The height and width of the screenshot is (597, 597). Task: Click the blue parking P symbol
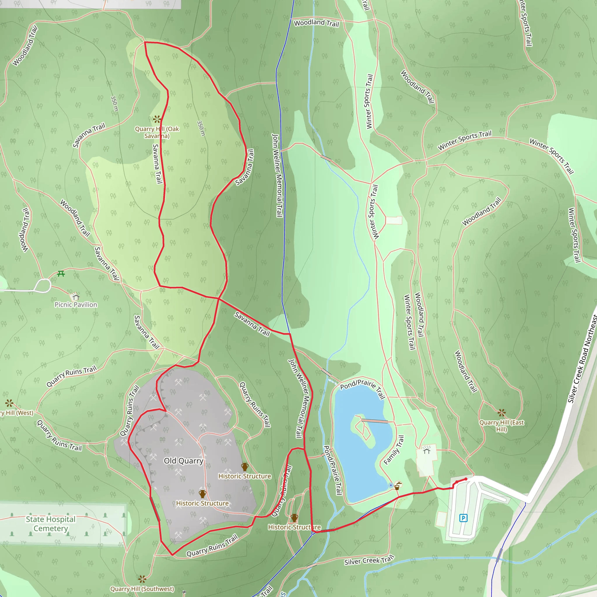463,518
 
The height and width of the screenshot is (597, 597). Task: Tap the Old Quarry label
184,461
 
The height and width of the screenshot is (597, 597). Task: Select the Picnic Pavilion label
76,305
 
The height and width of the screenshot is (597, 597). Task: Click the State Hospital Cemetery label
51,524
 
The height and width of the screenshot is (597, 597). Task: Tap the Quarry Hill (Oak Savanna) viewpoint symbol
157,119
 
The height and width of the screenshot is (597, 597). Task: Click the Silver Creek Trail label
369,560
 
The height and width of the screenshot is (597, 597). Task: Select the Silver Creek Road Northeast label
583,359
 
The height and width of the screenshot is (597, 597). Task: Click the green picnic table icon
61,273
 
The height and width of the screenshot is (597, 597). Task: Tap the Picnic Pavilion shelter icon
76,297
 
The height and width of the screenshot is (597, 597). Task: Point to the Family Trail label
394,450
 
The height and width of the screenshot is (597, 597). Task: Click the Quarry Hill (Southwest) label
142,589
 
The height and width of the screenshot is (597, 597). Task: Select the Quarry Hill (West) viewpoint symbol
9,403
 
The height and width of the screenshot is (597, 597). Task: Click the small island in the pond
364,430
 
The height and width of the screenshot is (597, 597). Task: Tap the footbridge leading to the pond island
375,421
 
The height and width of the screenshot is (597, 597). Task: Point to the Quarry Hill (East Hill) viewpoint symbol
501,412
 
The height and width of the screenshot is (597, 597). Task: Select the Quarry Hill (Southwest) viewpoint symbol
142,579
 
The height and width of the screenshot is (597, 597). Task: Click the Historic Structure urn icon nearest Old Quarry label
202,494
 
